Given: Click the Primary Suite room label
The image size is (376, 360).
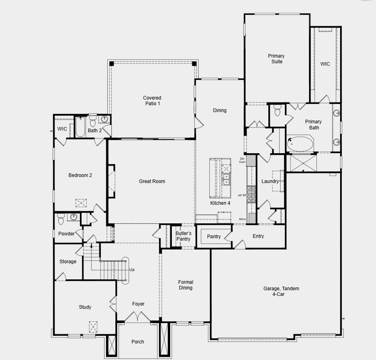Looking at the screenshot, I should [x=276, y=59].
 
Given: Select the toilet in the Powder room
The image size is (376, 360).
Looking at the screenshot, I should [x=61, y=220].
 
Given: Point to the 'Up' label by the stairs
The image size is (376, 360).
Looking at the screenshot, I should [x=132, y=270].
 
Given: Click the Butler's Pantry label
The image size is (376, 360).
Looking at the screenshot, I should [x=183, y=236].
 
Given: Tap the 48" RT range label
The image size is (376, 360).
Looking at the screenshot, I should [x=242, y=195].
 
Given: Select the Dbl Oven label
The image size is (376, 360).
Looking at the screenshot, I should [x=242, y=160].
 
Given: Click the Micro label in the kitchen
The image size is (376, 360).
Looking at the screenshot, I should [x=242, y=219].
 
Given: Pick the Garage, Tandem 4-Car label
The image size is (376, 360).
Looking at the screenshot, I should [x=281, y=291].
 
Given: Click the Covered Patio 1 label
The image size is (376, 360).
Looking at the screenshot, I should [x=152, y=101].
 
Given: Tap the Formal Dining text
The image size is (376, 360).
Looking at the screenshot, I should [x=186, y=285].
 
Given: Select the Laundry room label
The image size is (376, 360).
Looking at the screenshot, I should [x=270, y=181].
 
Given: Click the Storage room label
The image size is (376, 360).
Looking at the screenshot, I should [x=68, y=262].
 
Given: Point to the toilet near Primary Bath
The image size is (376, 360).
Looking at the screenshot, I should [x=277, y=111].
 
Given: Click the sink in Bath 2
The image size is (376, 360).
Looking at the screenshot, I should [x=104, y=119].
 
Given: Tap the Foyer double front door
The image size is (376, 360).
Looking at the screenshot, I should [x=138, y=318].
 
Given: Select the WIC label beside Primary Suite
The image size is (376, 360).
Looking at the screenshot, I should [x=325, y=64].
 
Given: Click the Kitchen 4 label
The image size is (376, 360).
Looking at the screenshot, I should [x=220, y=203].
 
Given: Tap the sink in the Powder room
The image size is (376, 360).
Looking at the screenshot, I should [x=73, y=217].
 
